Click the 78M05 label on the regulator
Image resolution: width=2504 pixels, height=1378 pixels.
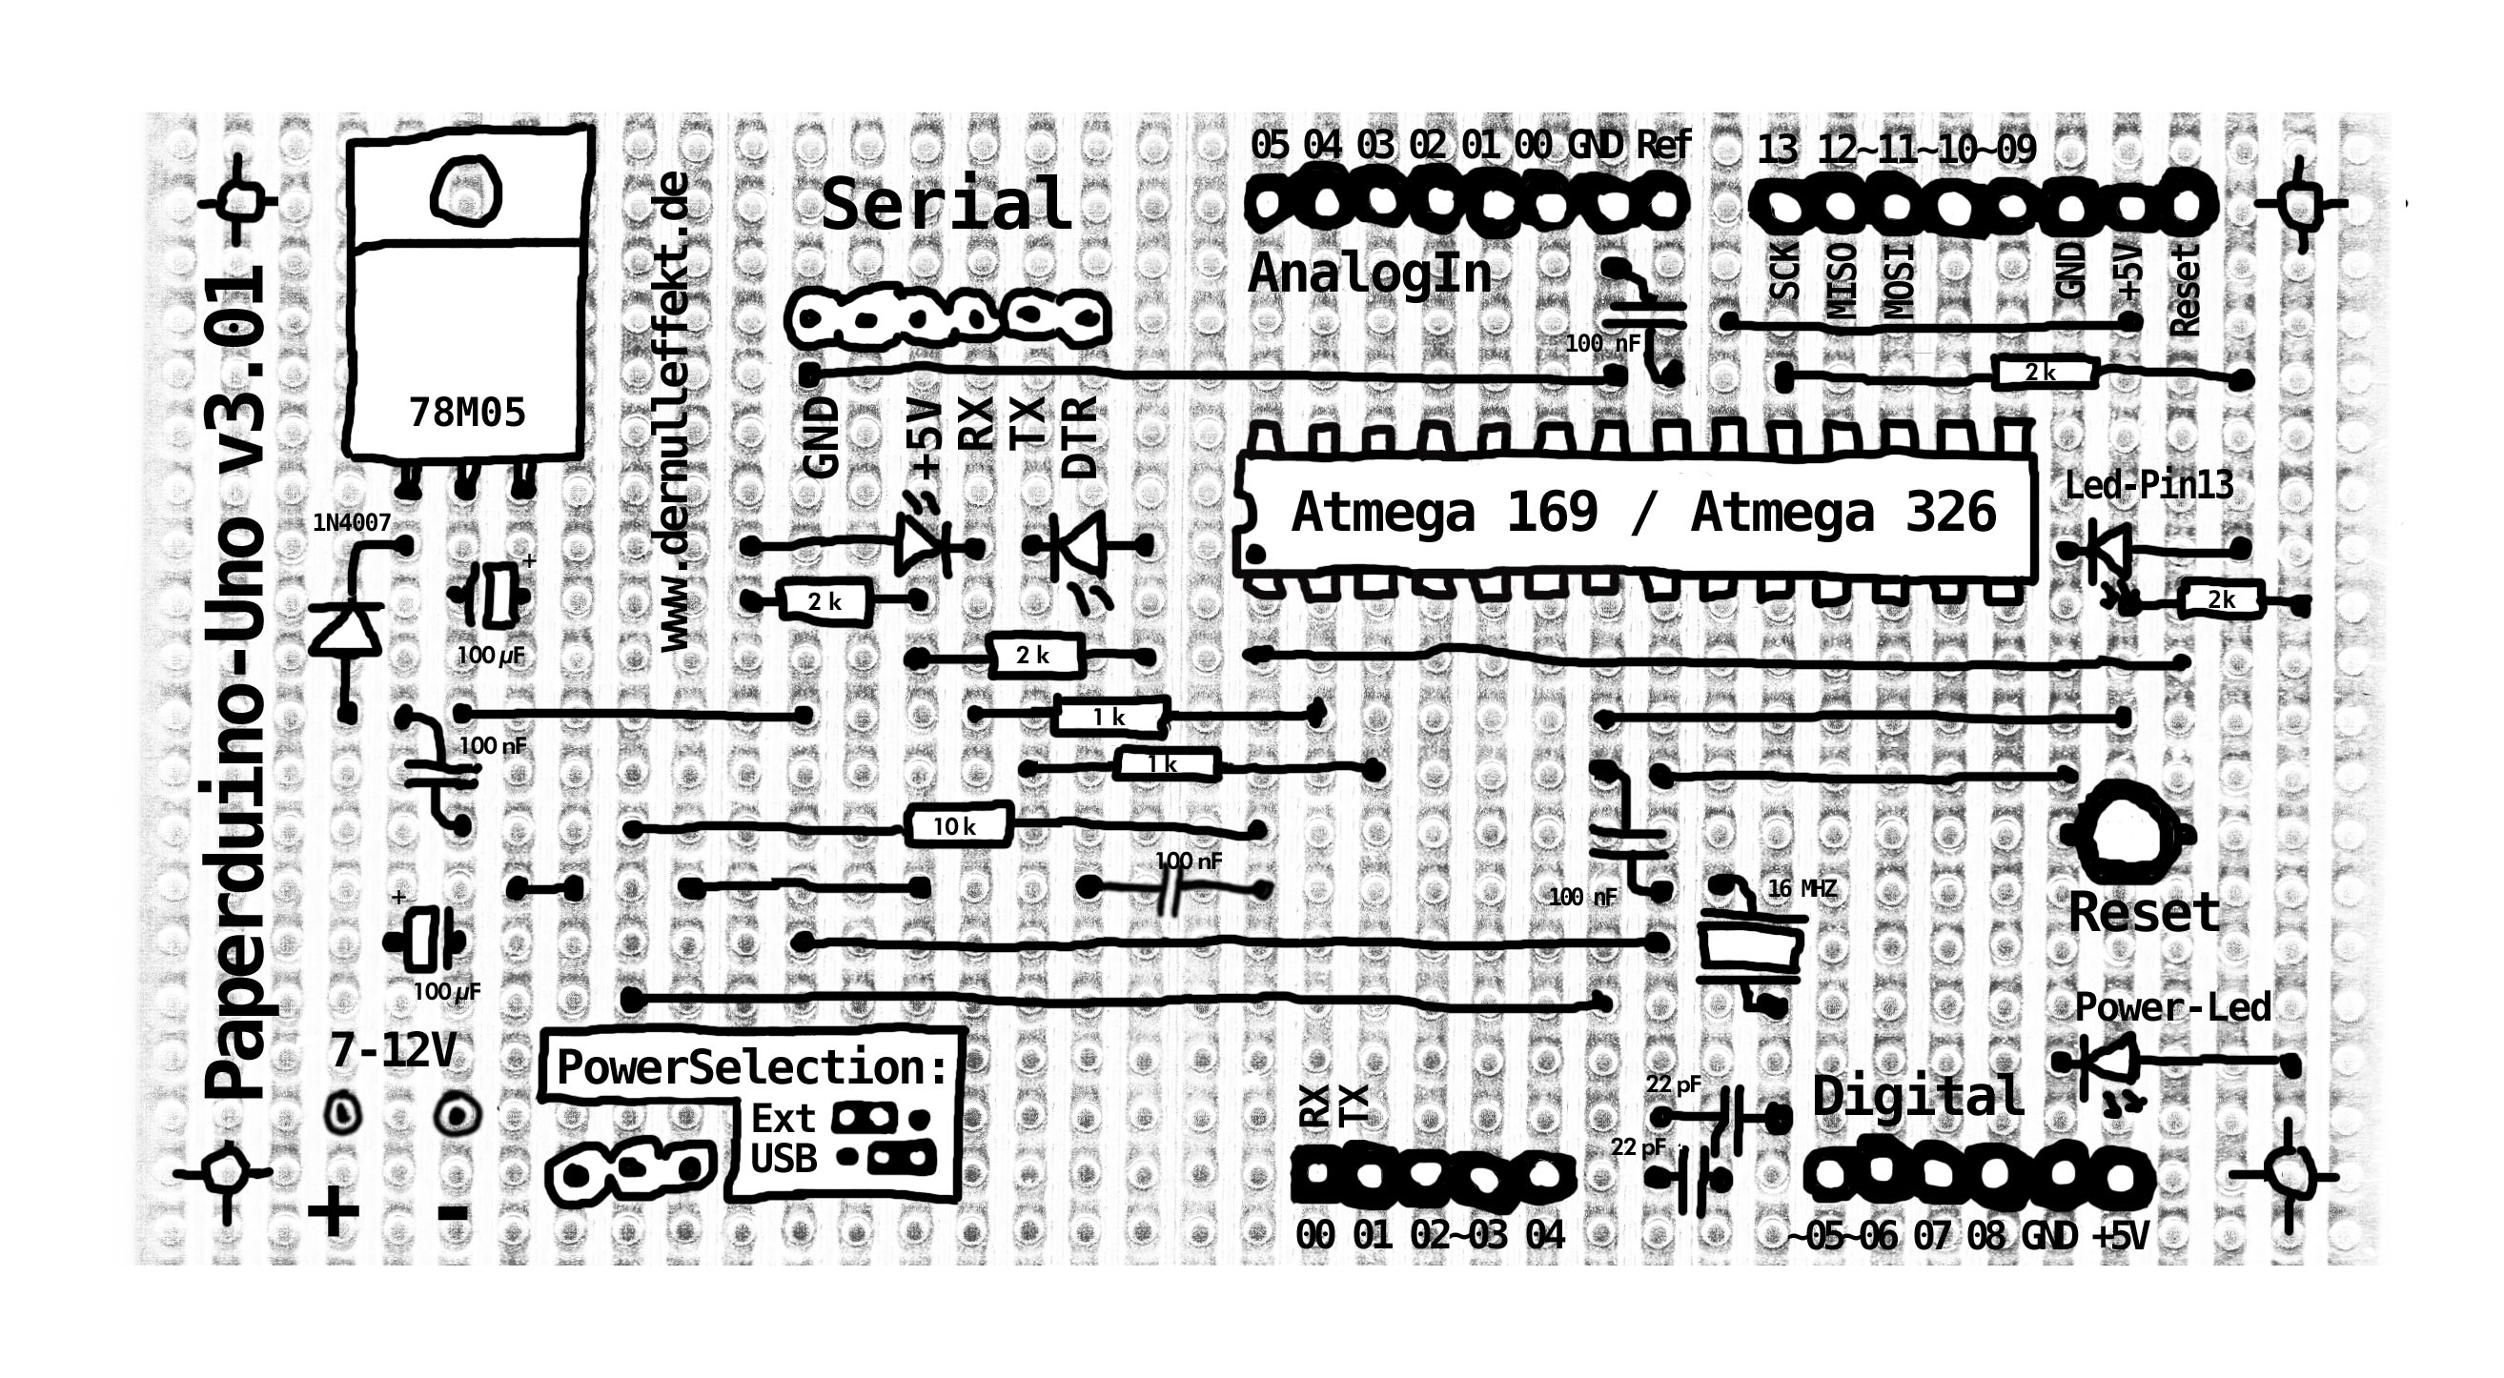pyautogui.click(x=467, y=413)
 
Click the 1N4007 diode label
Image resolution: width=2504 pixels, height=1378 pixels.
pyautogui.click(x=352, y=523)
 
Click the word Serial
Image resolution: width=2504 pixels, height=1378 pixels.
pyautogui.click(x=946, y=204)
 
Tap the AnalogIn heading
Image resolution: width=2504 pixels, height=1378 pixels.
pyautogui.click(x=1370, y=274)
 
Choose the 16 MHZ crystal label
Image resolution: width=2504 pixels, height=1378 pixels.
pyautogui.click(x=1802, y=888)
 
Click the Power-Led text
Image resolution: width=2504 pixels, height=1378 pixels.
pyautogui.click(x=2173, y=1006)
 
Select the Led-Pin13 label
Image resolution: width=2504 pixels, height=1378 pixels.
pyautogui.click(x=2149, y=485)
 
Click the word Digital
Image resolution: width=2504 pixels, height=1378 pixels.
pyautogui.click(x=1918, y=1096)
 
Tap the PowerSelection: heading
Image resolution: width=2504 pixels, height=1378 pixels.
pyautogui.click(x=751, y=1067)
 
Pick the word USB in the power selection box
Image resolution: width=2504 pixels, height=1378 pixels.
pyautogui.click(x=784, y=1159)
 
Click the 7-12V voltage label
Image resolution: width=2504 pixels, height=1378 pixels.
pyautogui.click(x=393, y=1050)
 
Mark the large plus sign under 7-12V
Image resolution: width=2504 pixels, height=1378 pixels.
pyautogui.click(x=334, y=1212)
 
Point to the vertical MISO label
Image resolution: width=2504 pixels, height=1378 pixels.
pyautogui.click(x=1842, y=281)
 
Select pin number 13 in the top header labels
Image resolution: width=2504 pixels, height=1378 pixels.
pyautogui.click(x=1778, y=150)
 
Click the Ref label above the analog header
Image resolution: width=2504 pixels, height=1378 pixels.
pyautogui.click(x=1663, y=145)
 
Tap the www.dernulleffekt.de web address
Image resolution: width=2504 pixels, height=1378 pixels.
pyautogui.click(x=674, y=412)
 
